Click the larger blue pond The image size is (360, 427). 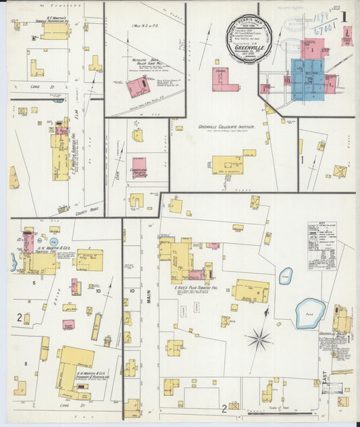(310, 313)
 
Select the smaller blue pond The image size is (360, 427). (286, 275)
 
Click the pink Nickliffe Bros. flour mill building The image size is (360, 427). (138, 86)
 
